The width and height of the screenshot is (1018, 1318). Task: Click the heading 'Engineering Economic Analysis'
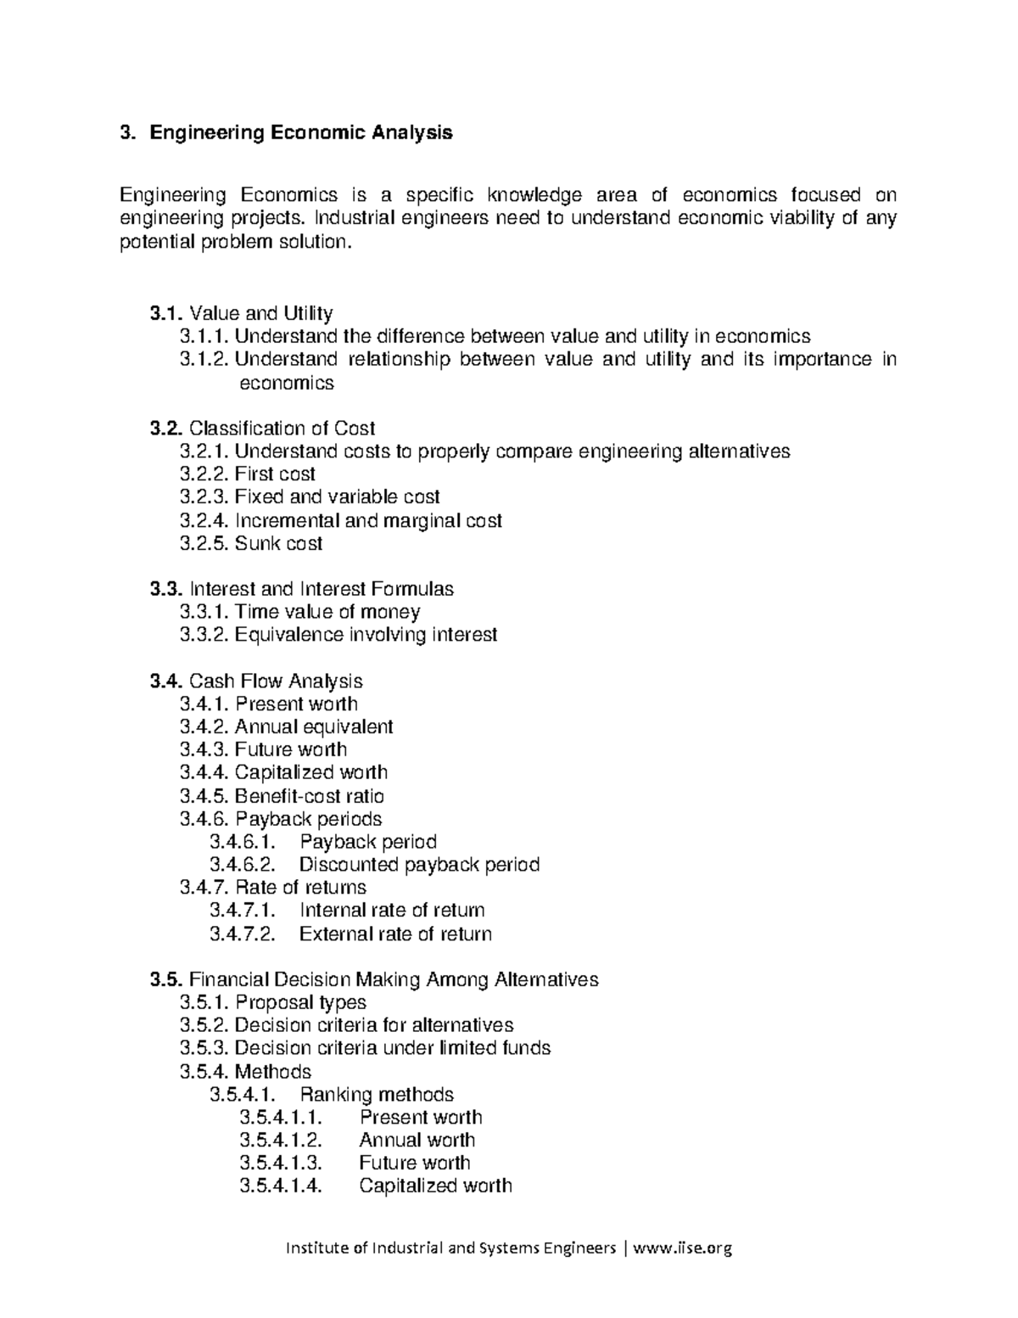301,132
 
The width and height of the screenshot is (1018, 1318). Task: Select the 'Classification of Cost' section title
282,428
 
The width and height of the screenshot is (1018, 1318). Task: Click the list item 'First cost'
275,474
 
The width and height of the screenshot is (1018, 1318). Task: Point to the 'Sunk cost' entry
278,543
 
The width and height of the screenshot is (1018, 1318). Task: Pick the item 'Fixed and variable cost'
337,496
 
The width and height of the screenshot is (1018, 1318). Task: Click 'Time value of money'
327,612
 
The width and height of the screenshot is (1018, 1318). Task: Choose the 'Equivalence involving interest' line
366,635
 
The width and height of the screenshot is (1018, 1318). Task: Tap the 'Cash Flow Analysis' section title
276,681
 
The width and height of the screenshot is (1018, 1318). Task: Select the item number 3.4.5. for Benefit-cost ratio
204,796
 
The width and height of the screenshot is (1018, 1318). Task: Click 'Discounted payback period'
419,865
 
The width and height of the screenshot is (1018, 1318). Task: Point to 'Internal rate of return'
392,911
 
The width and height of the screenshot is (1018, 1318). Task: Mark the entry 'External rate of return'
395,934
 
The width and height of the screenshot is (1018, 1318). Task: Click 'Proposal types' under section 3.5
300,1002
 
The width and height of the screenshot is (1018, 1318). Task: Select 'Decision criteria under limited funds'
392,1048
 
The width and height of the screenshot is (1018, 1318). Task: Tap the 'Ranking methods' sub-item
377,1094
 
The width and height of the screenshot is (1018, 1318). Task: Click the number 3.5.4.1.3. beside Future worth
281,1163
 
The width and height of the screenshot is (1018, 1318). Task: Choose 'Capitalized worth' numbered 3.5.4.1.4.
435,1186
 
